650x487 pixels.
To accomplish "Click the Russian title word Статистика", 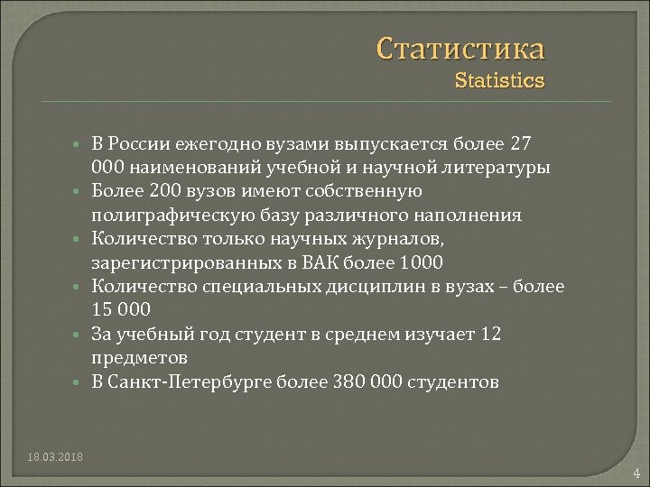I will coord(460,47).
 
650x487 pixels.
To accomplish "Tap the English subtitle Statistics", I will coord(499,81).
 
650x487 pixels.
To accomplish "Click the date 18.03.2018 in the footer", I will coord(55,457).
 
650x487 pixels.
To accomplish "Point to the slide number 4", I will coord(636,473).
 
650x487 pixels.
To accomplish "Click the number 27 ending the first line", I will coord(521,144).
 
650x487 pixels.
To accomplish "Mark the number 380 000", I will coord(368,382).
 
